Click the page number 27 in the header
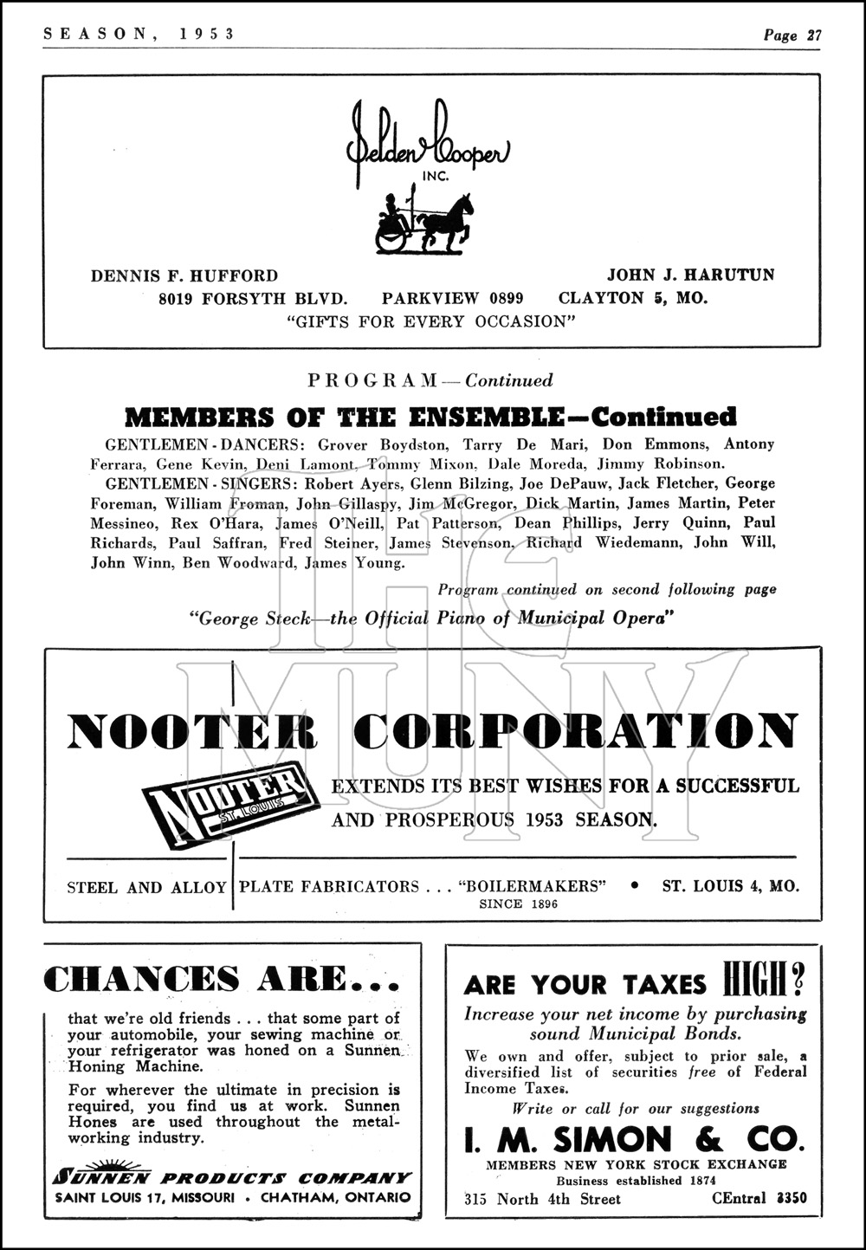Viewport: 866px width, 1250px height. click(813, 36)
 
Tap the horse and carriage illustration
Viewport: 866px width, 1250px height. click(424, 224)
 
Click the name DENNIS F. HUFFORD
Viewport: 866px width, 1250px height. click(184, 275)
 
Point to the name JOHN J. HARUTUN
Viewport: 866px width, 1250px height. click(690, 275)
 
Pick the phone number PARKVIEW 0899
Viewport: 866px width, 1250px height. click(452, 299)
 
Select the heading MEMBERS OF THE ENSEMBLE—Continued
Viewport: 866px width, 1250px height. click(430, 417)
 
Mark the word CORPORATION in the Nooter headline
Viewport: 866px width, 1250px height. click(577, 731)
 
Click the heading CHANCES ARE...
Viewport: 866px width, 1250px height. click(221, 980)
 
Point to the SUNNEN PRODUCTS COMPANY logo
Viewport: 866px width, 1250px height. click(232, 1176)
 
